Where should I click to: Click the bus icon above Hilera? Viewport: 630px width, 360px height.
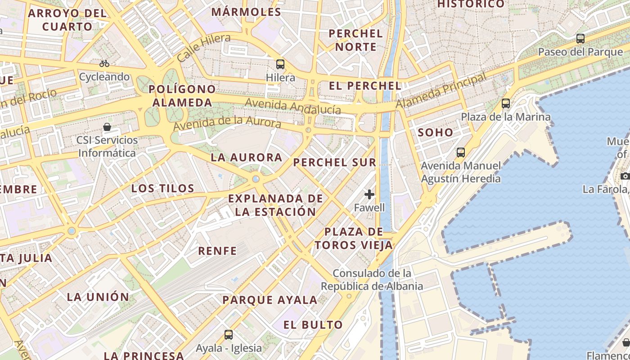tap(280, 64)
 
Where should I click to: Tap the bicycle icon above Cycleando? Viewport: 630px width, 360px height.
tap(104, 63)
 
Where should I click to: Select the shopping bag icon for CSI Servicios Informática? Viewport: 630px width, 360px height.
tap(107, 127)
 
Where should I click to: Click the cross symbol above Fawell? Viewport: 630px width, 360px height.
tap(369, 194)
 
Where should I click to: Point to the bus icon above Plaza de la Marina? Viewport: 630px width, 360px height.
tap(506, 103)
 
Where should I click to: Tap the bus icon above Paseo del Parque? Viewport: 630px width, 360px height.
tap(580, 39)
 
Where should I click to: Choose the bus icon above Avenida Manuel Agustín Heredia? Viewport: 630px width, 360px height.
tap(460, 152)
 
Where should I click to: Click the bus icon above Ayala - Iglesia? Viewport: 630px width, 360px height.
tap(229, 334)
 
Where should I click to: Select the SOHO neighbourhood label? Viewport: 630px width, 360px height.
tap(436, 132)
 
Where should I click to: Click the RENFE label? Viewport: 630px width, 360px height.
tap(218, 251)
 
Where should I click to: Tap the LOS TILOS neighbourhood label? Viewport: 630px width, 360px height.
tap(163, 188)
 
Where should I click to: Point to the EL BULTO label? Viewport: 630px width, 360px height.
tap(313, 324)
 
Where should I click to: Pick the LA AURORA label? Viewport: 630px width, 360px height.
tap(247, 157)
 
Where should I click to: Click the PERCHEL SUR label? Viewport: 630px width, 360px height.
tap(334, 162)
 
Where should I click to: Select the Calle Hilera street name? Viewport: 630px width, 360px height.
tap(203, 48)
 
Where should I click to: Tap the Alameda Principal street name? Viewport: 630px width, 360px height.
tap(441, 91)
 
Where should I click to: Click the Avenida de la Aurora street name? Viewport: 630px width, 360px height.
tap(227, 123)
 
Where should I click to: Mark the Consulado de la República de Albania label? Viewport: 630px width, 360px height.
tap(372, 279)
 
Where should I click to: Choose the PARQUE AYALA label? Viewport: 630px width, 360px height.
tap(270, 300)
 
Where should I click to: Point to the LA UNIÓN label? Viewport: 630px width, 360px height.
tap(98, 297)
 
